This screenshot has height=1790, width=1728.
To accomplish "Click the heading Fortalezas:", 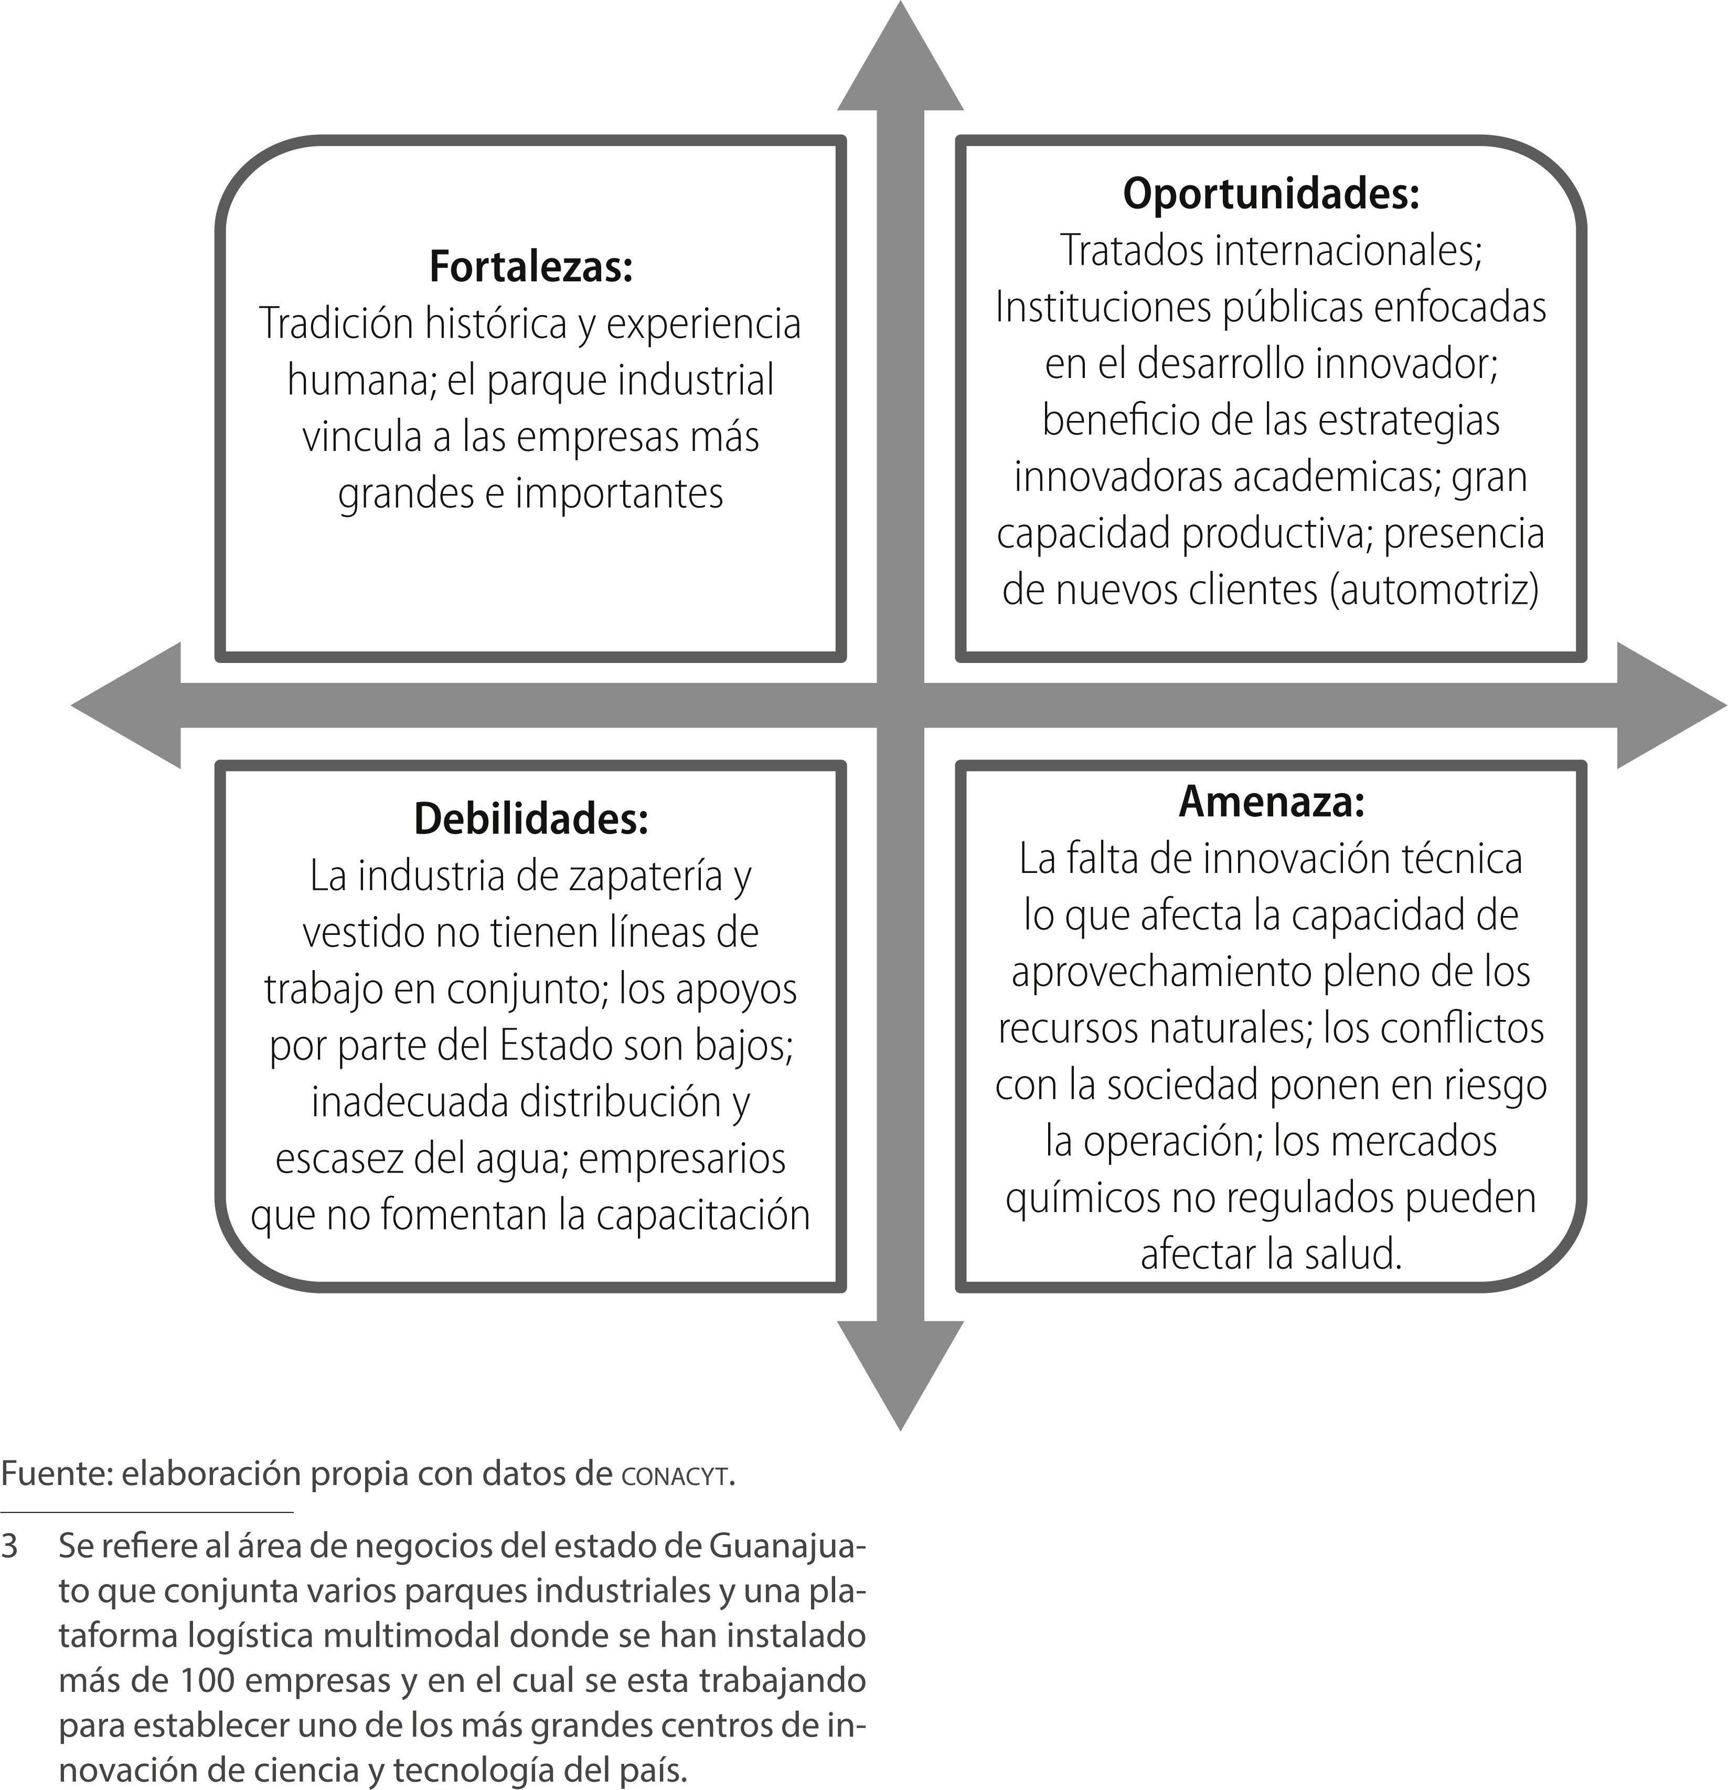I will (530, 268).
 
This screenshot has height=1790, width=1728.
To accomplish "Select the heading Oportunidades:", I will (1271, 194).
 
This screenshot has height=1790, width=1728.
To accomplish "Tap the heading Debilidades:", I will (530, 819).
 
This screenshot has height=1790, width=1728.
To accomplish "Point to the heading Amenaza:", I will (1271, 802).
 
